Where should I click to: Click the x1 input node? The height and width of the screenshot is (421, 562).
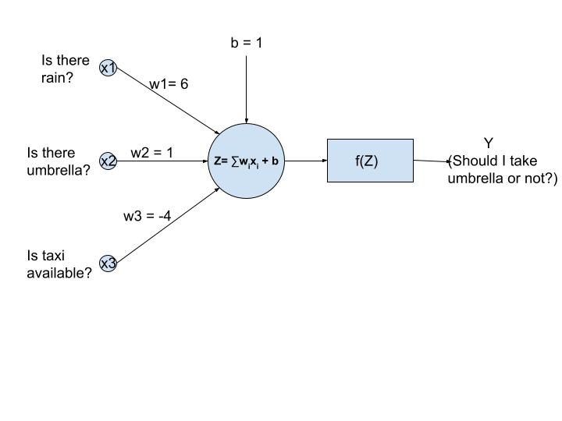pyautogui.click(x=108, y=69)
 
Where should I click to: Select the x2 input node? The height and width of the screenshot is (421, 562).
pyautogui.click(x=108, y=161)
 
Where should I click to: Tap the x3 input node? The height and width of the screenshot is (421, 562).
pyautogui.click(x=108, y=264)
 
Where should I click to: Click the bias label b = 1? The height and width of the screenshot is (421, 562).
pyautogui.click(x=247, y=43)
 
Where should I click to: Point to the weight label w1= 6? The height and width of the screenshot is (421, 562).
pyautogui.click(x=169, y=83)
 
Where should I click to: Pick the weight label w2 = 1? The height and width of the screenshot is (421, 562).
pyautogui.click(x=151, y=153)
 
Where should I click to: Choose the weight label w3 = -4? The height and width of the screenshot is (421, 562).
pyautogui.click(x=147, y=216)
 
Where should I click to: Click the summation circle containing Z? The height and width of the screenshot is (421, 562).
pyautogui.click(x=246, y=161)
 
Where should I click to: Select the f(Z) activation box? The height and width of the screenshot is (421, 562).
pyautogui.click(x=369, y=161)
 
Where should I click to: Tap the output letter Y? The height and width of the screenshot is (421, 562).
pyautogui.click(x=489, y=143)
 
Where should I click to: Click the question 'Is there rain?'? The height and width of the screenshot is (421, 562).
pyautogui.click(x=65, y=69)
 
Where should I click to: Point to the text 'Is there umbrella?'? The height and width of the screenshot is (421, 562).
pyautogui.click(x=58, y=161)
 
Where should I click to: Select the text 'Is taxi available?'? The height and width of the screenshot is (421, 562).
pyautogui.click(x=59, y=264)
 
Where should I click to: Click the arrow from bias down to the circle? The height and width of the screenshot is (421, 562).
pyautogui.click(x=247, y=90)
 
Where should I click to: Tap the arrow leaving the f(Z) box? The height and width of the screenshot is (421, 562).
pyautogui.click(x=432, y=161)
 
